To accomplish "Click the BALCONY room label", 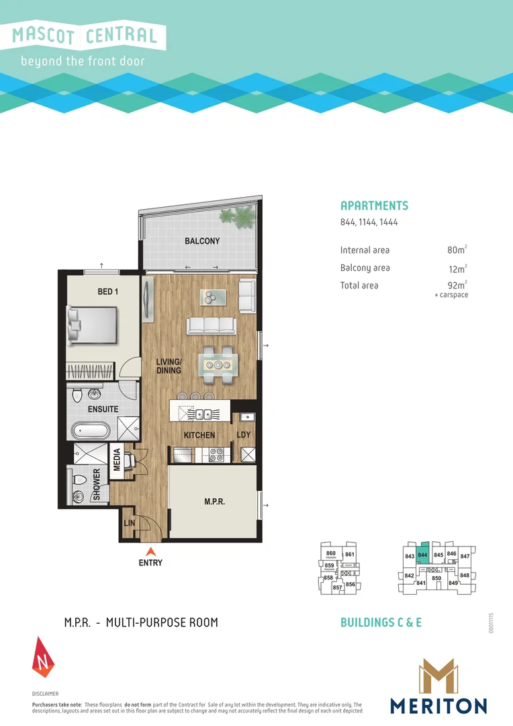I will (202, 241).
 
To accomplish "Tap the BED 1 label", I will (109, 292).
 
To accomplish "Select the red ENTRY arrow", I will (150, 553).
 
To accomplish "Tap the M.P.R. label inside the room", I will (214, 501).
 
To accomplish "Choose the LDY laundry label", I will (244, 435).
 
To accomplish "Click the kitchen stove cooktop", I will (216, 454).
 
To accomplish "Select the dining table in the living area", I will (218, 364).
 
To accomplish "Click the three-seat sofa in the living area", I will (212, 325).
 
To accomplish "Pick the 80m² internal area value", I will (457, 250).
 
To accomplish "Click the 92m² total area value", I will (457, 285).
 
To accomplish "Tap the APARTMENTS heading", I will (374, 206).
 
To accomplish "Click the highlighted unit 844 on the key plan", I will (422, 555).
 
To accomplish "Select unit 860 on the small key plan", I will (330, 554).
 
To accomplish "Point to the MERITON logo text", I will (438, 706).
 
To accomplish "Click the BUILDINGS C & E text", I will (381, 622).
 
